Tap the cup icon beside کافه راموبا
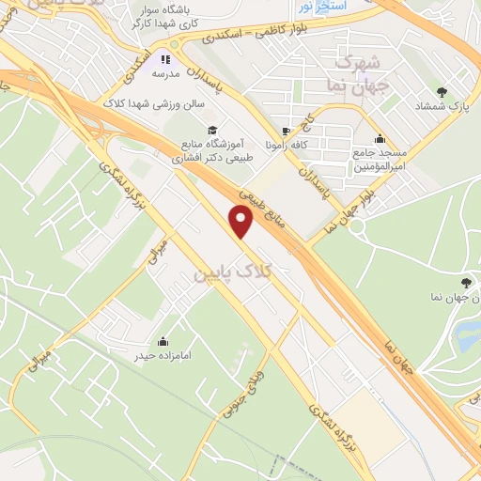(286, 132)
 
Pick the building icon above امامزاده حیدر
(163, 341)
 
